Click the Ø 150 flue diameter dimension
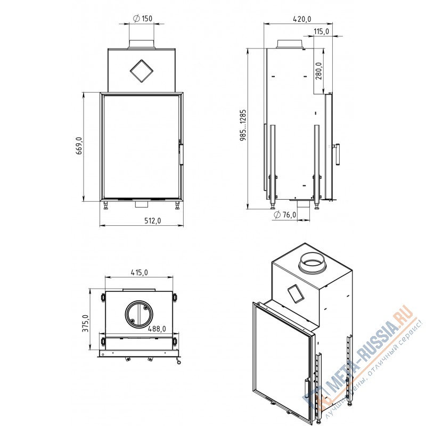[x=143, y=19]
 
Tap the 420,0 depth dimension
[x=302, y=19]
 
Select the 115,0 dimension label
[x=322, y=31]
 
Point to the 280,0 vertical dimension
[x=318, y=71]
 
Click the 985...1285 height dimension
[x=243, y=125]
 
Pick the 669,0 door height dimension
[x=79, y=146]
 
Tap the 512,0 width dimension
[x=152, y=220]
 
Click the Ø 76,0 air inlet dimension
[x=285, y=215]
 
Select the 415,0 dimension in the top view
[x=139, y=272]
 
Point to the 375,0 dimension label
[x=86, y=323]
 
